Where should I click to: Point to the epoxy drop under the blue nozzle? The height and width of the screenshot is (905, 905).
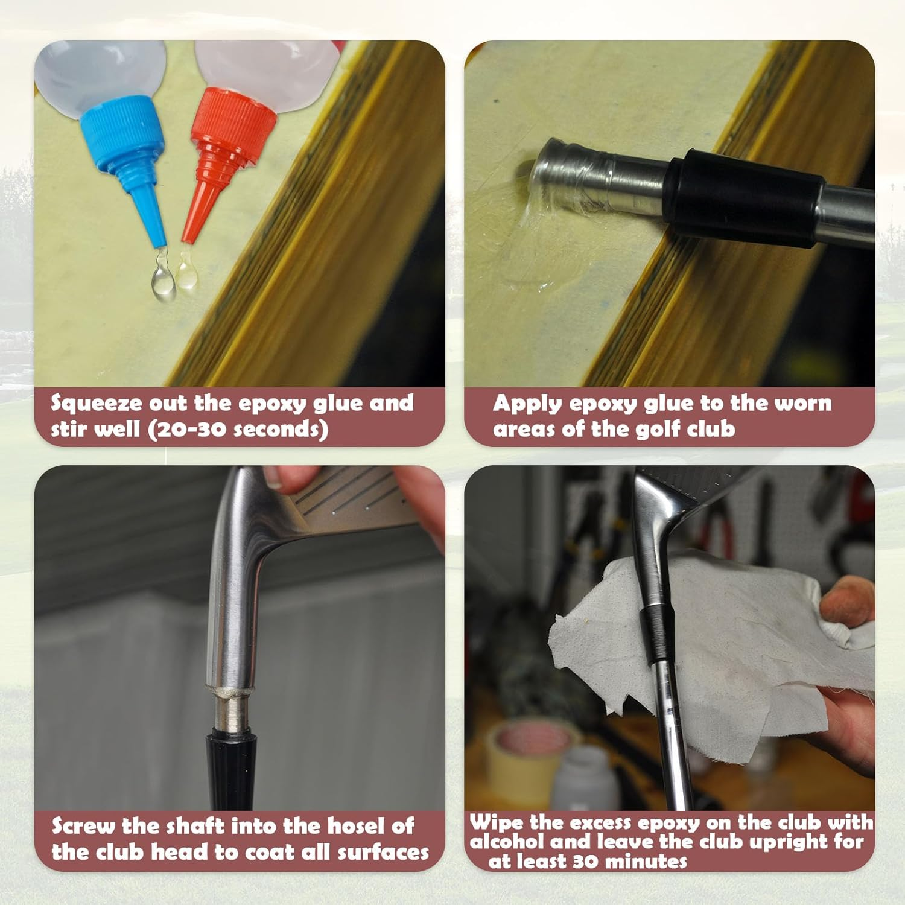point(163,281)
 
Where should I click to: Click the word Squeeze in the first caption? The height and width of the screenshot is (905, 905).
point(97,404)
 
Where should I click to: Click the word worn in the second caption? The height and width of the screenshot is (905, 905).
point(803,404)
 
